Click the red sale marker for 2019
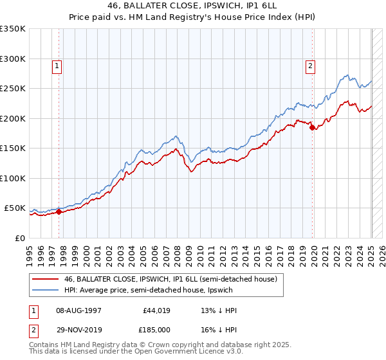point(313,128)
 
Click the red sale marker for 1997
point(59,212)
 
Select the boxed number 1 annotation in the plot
point(57,65)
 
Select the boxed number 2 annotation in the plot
point(310,65)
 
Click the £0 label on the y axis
point(19,238)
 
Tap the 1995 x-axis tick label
point(30,254)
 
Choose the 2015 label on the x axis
point(257,254)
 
